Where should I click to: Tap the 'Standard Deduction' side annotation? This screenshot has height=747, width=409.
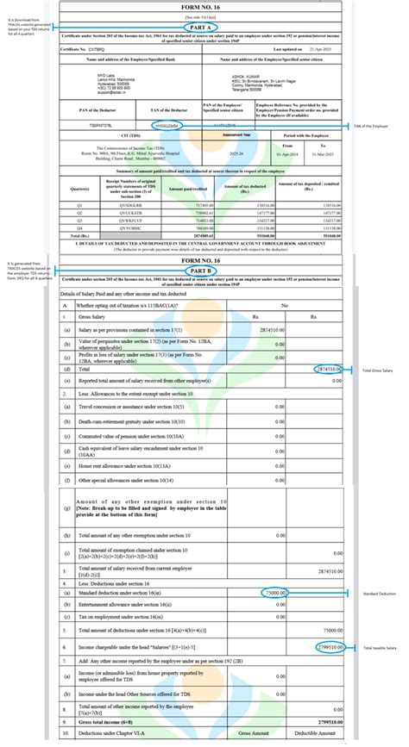pos(377,594)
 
